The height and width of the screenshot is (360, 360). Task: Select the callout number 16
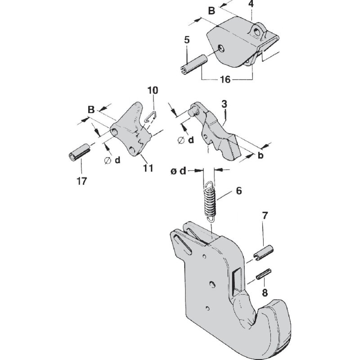click(x=226, y=80)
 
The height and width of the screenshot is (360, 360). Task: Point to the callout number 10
click(x=153, y=90)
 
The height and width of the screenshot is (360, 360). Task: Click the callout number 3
click(x=224, y=104)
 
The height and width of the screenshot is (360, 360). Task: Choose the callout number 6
click(x=238, y=191)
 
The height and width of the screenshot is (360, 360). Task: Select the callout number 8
click(x=265, y=292)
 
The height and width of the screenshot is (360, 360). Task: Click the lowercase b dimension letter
click(x=261, y=155)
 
